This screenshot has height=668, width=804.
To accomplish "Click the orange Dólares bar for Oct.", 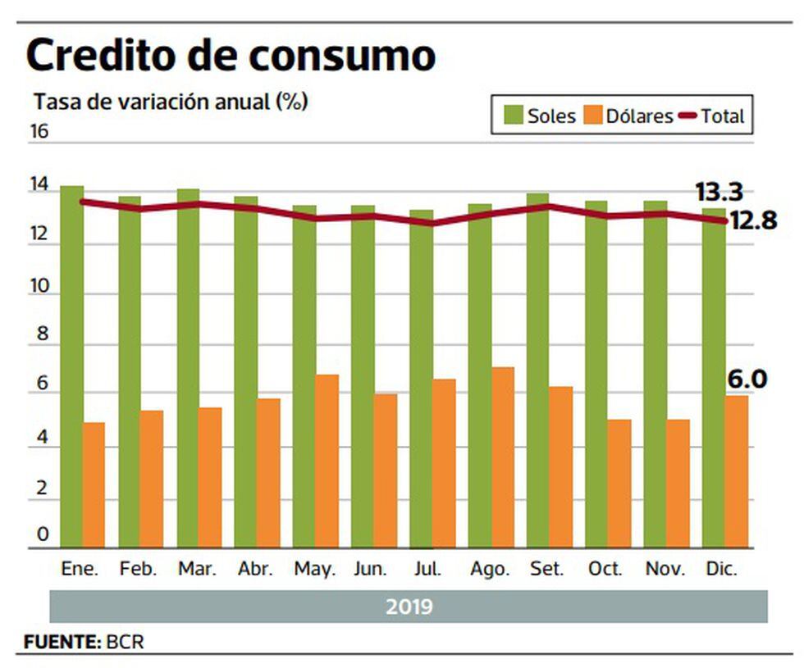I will point(619,484).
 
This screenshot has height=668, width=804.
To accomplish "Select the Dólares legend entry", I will point(628,116).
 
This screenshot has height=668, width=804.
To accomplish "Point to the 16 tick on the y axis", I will point(39,132).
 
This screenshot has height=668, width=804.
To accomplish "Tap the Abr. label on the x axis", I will point(255,570).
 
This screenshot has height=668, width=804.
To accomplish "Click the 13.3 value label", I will point(719,193).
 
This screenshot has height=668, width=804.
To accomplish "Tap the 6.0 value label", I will point(747,379).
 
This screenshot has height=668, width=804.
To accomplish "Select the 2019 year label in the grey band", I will point(409,607).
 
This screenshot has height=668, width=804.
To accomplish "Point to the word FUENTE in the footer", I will point(61,642).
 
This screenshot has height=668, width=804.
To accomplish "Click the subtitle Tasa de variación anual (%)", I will point(171,102).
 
